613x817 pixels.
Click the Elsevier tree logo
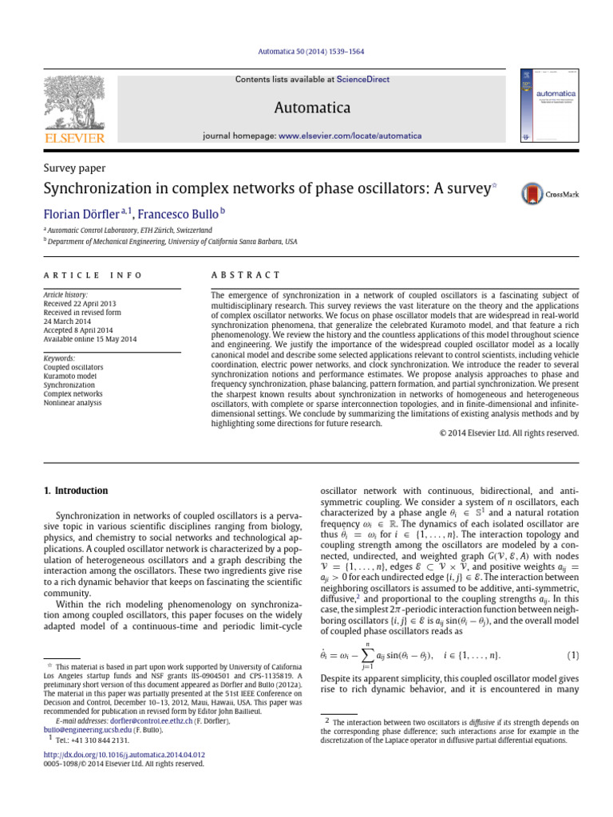72,104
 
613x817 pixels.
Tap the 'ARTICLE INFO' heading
93,274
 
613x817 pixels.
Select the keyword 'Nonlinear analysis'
73,403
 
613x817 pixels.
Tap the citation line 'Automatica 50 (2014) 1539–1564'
306,52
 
